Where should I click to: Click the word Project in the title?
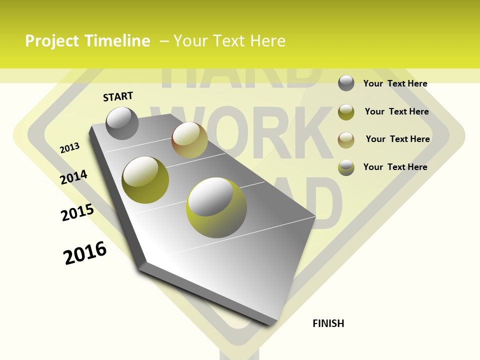tap(51, 41)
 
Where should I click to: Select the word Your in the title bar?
tap(191, 41)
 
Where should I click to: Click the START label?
tap(118, 96)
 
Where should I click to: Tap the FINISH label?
tap(328, 323)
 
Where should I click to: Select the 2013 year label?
tap(70, 148)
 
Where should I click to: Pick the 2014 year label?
tap(73, 177)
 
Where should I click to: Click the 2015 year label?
tap(77, 212)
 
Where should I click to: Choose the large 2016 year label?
tap(85, 253)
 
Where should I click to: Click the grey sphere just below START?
tap(122, 123)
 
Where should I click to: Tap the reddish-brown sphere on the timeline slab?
tap(189, 140)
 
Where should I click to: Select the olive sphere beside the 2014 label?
tap(145, 180)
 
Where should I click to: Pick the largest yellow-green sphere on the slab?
tap(216, 207)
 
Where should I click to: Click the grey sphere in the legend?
tap(346, 83)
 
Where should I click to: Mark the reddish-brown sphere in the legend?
tap(346, 139)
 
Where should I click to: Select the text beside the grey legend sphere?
tap(395, 83)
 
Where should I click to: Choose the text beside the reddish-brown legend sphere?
tap(397, 139)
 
